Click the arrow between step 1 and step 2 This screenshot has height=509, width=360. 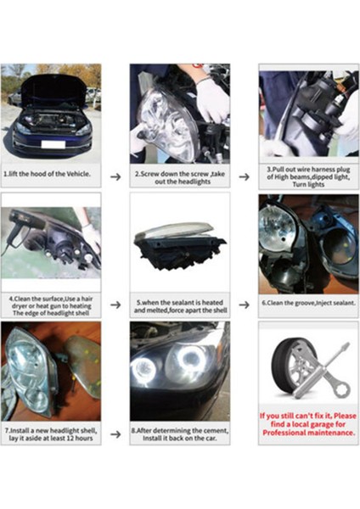click(115, 176)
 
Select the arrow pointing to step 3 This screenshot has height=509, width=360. click(244, 176)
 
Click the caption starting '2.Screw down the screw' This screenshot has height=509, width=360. click(180, 176)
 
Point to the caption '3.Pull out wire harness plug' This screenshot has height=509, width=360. click(309, 176)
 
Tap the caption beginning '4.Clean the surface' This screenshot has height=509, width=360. click(51, 304)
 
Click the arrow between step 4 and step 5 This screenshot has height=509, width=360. click(115, 304)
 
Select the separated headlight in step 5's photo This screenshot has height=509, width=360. click(179, 242)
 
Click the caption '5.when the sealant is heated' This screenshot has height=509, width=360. click(180, 304)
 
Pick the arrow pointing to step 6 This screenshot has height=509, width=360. click(244, 304)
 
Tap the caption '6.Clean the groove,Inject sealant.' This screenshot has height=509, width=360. click(309, 302)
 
